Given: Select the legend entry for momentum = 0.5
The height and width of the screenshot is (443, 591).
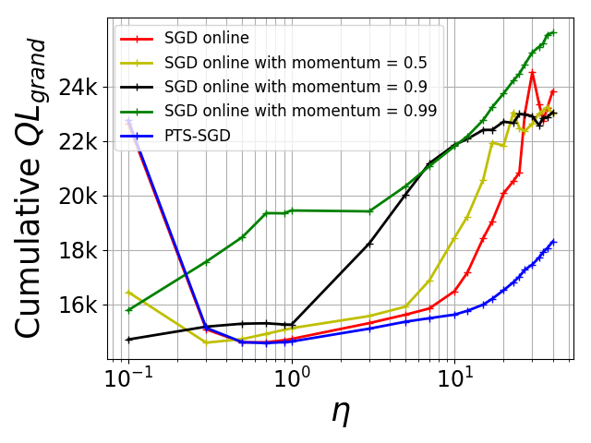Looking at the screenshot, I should (295, 63).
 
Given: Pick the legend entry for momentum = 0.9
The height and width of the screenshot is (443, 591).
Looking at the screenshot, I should (295, 87).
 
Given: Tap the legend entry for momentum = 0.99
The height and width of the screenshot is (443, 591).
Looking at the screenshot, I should (300, 111).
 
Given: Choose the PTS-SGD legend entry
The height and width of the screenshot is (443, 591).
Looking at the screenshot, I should (198, 135).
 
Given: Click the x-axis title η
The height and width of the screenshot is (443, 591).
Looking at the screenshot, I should (341, 413).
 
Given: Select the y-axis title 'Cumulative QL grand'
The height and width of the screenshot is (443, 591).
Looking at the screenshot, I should (32, 188).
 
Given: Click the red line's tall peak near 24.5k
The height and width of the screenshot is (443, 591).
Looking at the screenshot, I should (532, 72).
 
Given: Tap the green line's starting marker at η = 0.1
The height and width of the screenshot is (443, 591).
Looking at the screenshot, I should (128, 310).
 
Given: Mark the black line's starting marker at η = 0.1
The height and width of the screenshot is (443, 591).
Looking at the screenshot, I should (128, 340).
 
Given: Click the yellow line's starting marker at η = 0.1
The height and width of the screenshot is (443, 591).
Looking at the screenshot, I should (128, 292).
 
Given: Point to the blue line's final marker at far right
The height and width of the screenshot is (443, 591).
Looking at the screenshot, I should (553, 242).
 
